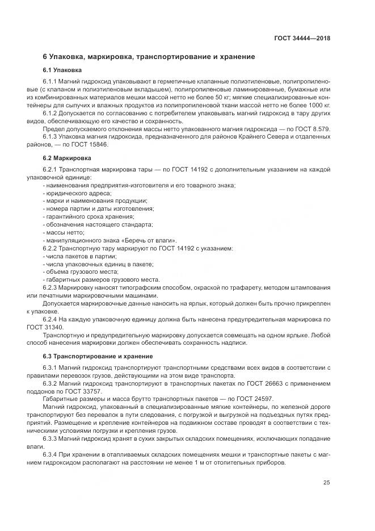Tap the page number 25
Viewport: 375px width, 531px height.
326,483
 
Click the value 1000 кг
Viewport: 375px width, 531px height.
317,106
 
